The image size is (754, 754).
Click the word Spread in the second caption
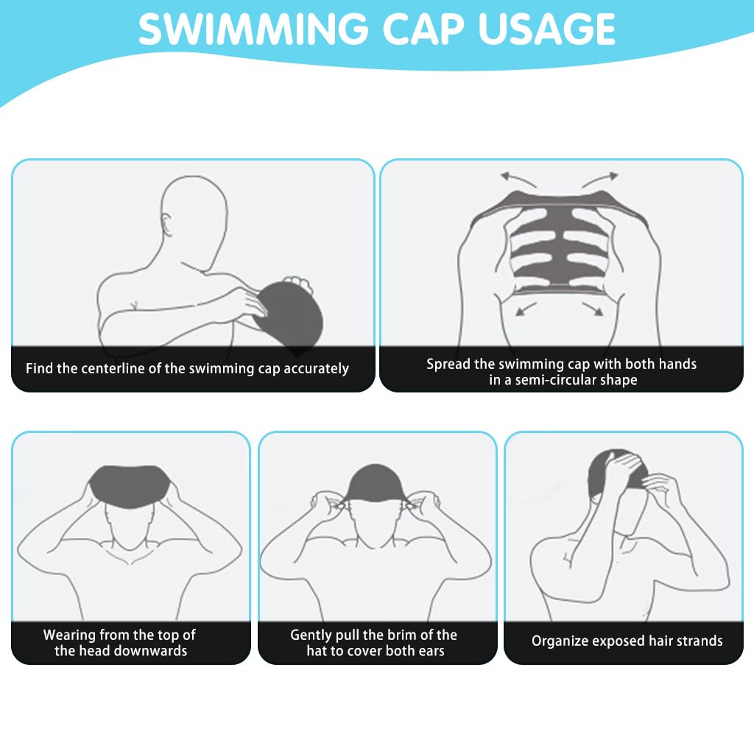coord(448,364)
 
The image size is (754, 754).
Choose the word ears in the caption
coord(429,651)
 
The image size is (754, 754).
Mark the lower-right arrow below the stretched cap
coord(594,307)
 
